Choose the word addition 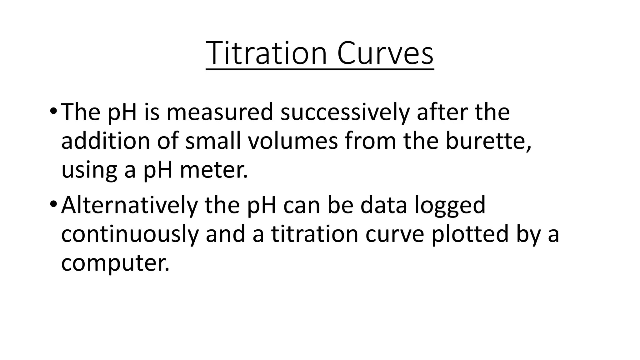[105, 141]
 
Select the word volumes [293, 141]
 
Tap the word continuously [130, 234]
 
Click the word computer [115, 263]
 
